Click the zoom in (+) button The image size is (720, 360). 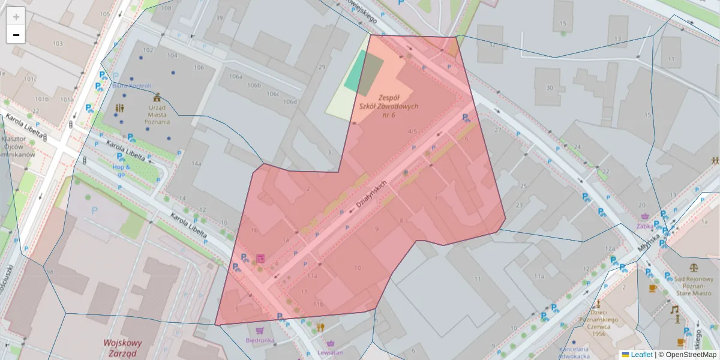pyautogui.click(x=16, y=17)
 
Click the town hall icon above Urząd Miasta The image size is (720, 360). pyautogui.click(x=157, y=97)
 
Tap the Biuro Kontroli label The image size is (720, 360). pyautogui.click(x=131, y=86)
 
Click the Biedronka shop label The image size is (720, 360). pyautogui.click(x=260, y=340)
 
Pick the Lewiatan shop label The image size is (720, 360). pyautogui.click(x=331, y=352)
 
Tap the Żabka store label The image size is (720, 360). pyautogui.click(x=645, y=226)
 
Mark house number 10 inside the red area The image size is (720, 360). pyautogui.click(x=358, y=267)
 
